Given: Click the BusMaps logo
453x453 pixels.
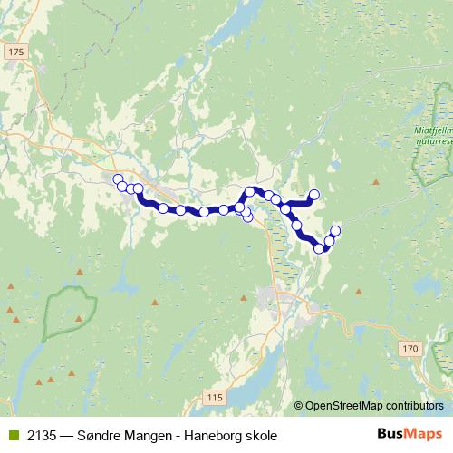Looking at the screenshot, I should [409, 435].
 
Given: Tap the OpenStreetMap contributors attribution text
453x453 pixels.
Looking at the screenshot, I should [375, 407].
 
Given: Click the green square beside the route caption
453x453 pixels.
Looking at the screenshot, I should [12, 436].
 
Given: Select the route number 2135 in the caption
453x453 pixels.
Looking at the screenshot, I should [40, 436].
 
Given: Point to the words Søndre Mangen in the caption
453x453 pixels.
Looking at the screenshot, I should [128, 436].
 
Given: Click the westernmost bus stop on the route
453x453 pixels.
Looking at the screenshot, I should [117, 178].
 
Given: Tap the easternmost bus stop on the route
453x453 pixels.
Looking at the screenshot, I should [335, 230].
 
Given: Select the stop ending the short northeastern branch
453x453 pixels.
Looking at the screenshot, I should [314, 194].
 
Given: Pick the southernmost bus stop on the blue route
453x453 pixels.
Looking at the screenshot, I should [319, 248].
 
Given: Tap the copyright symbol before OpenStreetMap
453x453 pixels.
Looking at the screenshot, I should [300, 407].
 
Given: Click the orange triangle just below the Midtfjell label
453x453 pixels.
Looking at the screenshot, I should [375, 182].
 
